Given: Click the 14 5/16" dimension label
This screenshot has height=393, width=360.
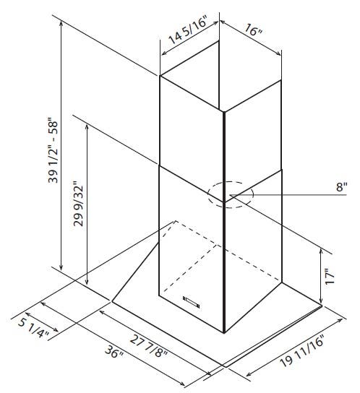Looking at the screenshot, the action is coord(188,30).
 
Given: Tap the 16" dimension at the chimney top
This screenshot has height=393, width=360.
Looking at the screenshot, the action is coord(254,30).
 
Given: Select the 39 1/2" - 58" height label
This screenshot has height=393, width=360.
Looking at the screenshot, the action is coord(53,150).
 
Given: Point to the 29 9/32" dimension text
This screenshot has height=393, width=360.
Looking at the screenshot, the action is coord(78,203).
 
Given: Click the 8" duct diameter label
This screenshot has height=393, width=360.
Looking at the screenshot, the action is coord(342,186).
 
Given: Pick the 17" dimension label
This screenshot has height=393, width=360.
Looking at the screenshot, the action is coord(330,276).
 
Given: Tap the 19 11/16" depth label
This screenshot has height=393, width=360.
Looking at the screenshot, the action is coord(302,350).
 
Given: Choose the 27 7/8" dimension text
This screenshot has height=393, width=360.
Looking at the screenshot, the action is coord(148,347).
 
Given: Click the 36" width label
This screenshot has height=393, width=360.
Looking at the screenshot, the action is coord(114,352).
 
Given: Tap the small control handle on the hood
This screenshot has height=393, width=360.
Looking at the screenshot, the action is coord(192,302).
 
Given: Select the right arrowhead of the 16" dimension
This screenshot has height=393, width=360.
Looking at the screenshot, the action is coord(278,53).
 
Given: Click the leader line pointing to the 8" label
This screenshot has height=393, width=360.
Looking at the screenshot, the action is coord(288,195).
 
